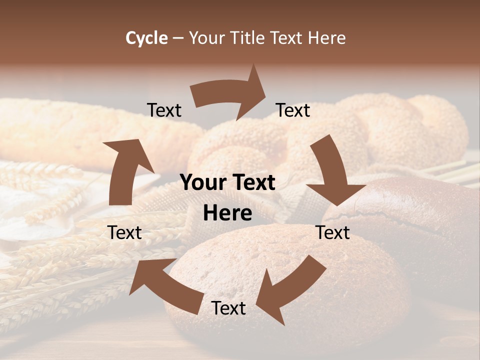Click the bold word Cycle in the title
146,38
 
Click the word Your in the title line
206,38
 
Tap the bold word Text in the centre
252,183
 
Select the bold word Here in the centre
227,213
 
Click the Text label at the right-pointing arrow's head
293,110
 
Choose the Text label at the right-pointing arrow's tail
164,110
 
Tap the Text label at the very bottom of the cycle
228,308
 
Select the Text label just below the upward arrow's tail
125,232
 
